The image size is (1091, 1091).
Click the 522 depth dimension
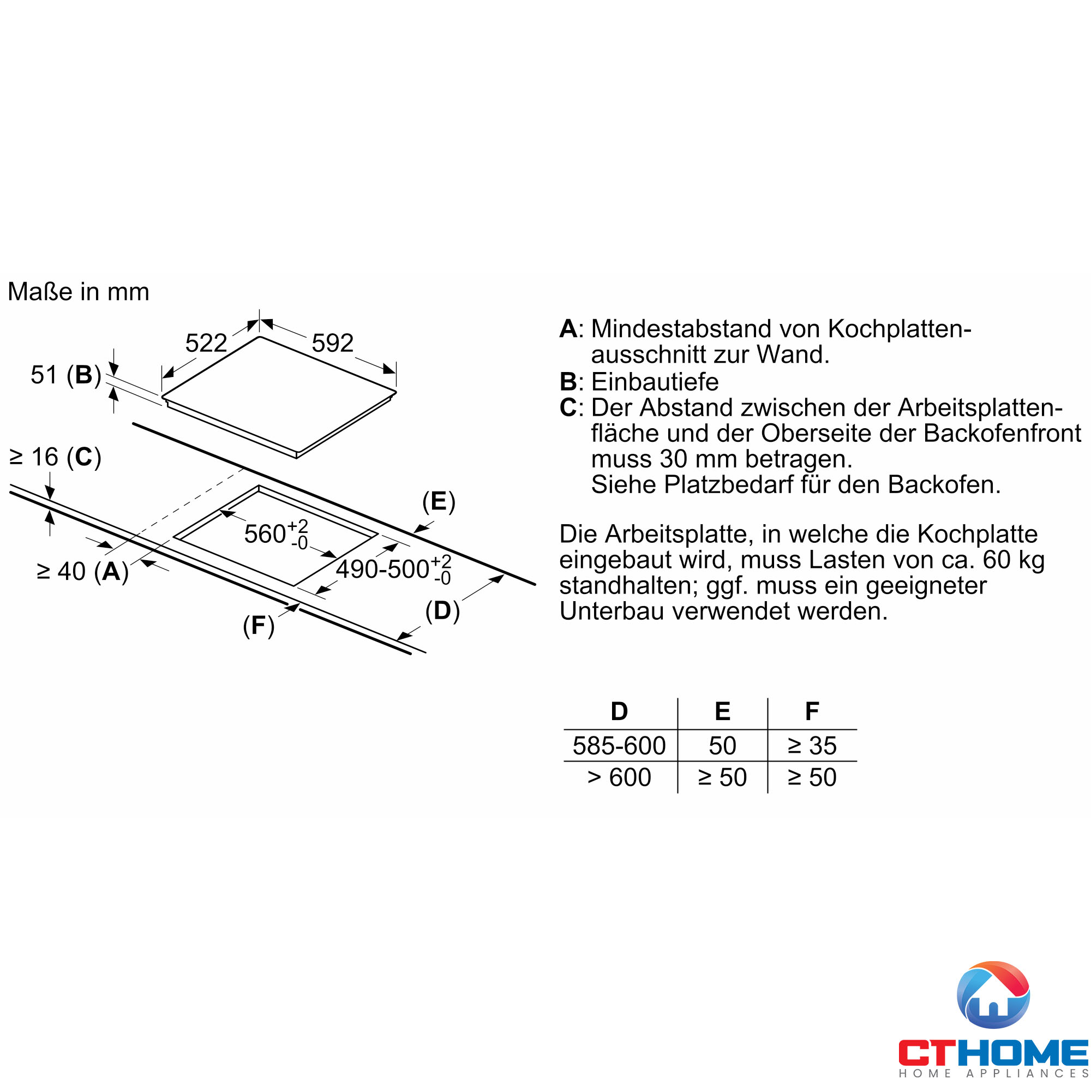pyautogui.click(x=206, y=343)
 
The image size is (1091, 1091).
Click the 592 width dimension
pyautogui.click(x=333, y=343)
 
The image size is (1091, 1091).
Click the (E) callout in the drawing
pyautogui.click(x=439, y=501)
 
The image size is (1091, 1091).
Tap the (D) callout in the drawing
pyautogui.click(x=442, y=611)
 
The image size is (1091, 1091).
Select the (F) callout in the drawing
pyautogui.click(x=259, y=626)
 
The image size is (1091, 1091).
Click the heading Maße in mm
pyautogui.click(x=79, y=292)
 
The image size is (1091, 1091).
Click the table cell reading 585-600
pyautogui.click(x=619, y=745)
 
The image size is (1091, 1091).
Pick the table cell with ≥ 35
pyautogui.click(x=812, y=745)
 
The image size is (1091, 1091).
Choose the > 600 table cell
pyautogui.click(x=619, y=777)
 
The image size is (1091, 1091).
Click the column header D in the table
pyautogui.click(x=619, y=711)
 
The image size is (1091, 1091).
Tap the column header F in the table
pyautogui.click(x=812, y=711)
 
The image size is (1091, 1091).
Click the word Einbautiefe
pyautogui.click(x=655, y=382)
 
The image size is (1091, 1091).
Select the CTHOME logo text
pyautogui.click(x=993, y=1053)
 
